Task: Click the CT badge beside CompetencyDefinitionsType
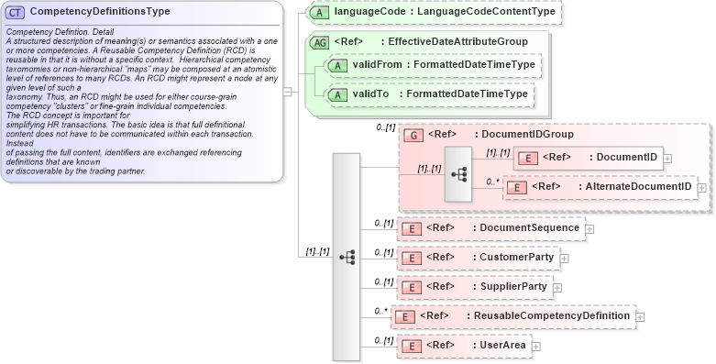(16, 12)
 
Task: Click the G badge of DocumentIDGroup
(413, 135)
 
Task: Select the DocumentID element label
(626, 158)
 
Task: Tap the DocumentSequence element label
(529, 227)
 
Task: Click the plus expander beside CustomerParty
(564, 258)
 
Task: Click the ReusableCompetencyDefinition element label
(551, 316)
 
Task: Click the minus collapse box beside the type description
(288, 91)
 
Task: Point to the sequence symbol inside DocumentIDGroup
(460, 172)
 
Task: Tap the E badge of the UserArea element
(413, 346)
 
